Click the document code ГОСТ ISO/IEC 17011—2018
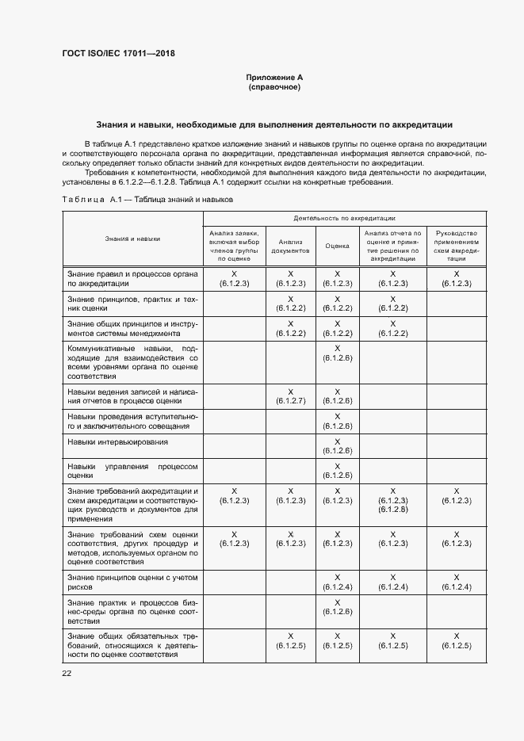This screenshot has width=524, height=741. point(118,54)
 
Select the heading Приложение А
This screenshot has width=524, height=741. point(274,77)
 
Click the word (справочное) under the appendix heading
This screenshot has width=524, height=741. point(274,86)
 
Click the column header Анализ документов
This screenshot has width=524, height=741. point(291,246)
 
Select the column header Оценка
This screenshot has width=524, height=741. point(337,246)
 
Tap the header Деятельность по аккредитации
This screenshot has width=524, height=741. point(345,217)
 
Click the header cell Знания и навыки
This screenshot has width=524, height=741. point(132,238)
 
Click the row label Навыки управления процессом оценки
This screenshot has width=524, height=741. point(132,471)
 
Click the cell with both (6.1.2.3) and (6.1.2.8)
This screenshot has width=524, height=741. point(393,500)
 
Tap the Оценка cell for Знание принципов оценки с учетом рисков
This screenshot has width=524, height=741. point(337,582)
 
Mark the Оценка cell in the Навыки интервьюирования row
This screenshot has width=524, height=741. point(337,446)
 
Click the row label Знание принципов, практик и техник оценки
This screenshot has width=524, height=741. point(132,304)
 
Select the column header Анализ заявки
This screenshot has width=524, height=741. point(234,246)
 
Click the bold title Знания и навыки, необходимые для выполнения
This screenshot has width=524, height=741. point(274,124)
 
